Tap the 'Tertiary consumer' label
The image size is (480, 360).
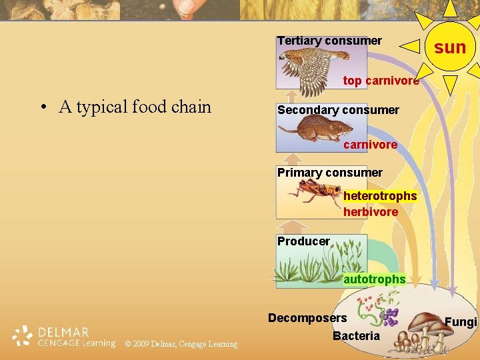pos(329,41)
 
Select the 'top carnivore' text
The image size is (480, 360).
pos(381,81)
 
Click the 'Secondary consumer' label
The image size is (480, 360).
pos(338,109)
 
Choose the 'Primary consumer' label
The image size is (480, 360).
pos(330,173)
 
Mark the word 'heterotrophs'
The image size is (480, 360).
pos(380,196)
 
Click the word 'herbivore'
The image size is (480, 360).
pos(371,212)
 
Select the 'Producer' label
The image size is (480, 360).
pos(303,241)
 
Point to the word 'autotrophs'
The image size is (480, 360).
pos(374,279)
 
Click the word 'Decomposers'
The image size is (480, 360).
pos(307,318)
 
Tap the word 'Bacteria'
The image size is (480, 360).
pos(355,336)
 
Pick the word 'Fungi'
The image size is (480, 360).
pos(461,323)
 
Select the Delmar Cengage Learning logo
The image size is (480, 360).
pos(64,337)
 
